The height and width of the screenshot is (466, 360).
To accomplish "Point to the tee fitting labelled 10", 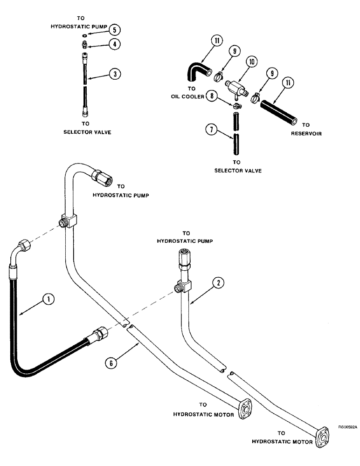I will [x=237, y=87].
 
